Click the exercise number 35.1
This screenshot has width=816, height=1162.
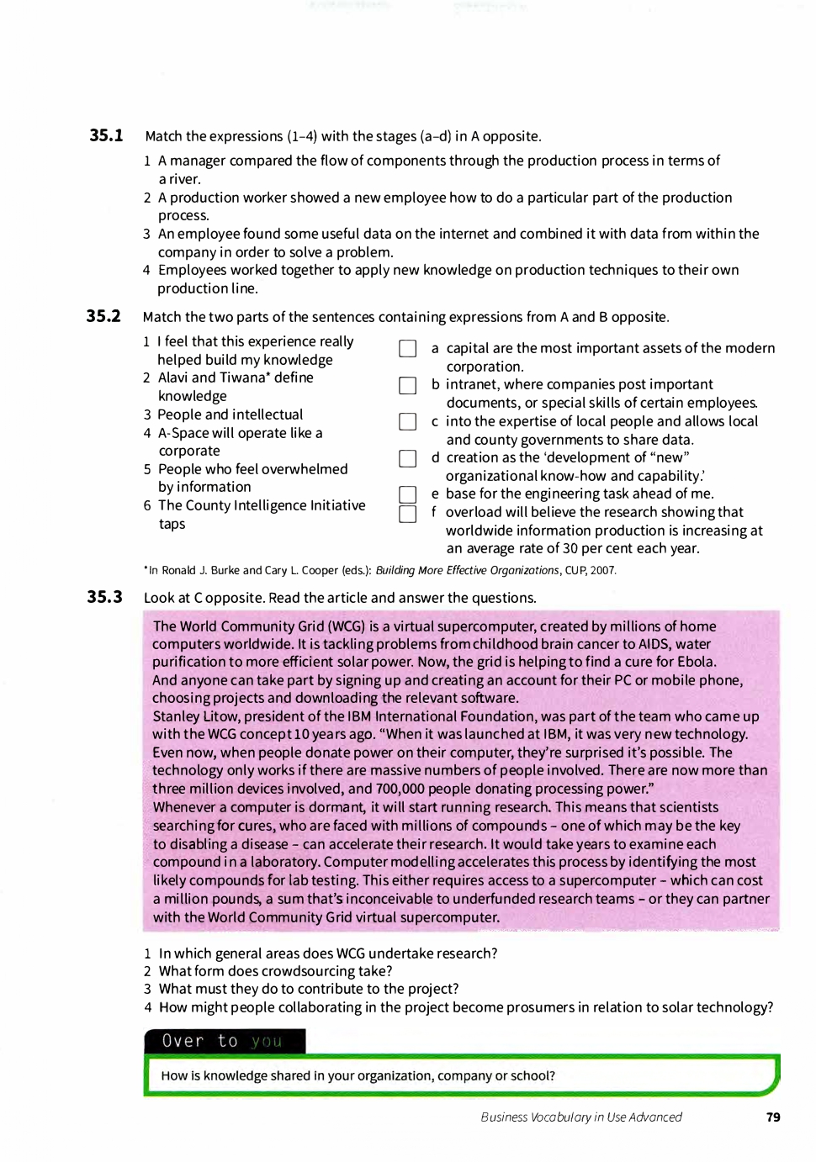click(x=106, y=135)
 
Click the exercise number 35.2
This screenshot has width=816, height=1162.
click(x=103, y=316)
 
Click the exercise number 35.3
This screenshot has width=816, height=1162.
click(x=104, y=597)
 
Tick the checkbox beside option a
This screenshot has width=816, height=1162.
click(x=408, y=348)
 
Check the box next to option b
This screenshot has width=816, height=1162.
click(x=408, y=385)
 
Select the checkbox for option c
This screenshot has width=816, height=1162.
click(x=408, y=421)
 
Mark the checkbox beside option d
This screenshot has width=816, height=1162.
click(x=408, y=458)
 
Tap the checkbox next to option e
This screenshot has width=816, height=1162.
click(x=408, y=494)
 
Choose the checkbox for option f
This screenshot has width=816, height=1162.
click(x=408, y=514)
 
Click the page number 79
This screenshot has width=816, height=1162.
click(x=773, y=1117)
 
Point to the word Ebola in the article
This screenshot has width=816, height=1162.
click(x=695, y=662)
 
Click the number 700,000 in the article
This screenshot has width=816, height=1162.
click(x=404, y=789)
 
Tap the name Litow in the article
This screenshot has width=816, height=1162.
click(x=221, y=716)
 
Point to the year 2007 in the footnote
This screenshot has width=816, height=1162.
click(x=602, y=570)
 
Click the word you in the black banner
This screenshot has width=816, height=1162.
click(x=267, y=1042)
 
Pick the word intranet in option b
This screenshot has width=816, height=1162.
click(x=474, y=384)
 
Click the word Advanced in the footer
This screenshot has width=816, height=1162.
click(x=655, y=1117)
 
